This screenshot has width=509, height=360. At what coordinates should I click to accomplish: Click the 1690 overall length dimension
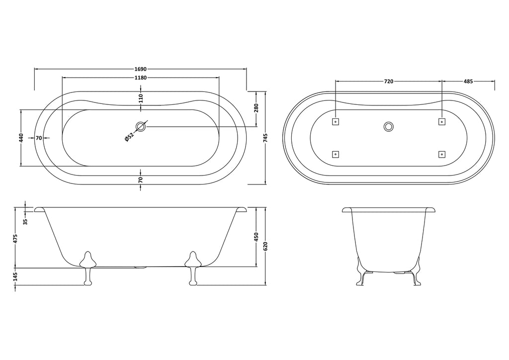(141, 69)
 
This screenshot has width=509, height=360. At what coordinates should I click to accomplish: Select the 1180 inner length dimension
(141, 78)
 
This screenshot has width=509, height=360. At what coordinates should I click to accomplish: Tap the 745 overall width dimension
(265, 138)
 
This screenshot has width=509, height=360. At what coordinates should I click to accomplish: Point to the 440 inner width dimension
(21, 138)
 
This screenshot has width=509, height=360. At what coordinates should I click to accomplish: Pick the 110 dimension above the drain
(141, 98)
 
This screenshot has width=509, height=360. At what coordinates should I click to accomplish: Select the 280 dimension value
(256, 108)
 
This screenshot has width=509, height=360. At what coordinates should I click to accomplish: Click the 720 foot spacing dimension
(389, 82)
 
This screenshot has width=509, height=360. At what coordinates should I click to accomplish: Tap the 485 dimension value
(468, 82)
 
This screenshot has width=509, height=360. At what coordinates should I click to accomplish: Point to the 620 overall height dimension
(265, 247)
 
